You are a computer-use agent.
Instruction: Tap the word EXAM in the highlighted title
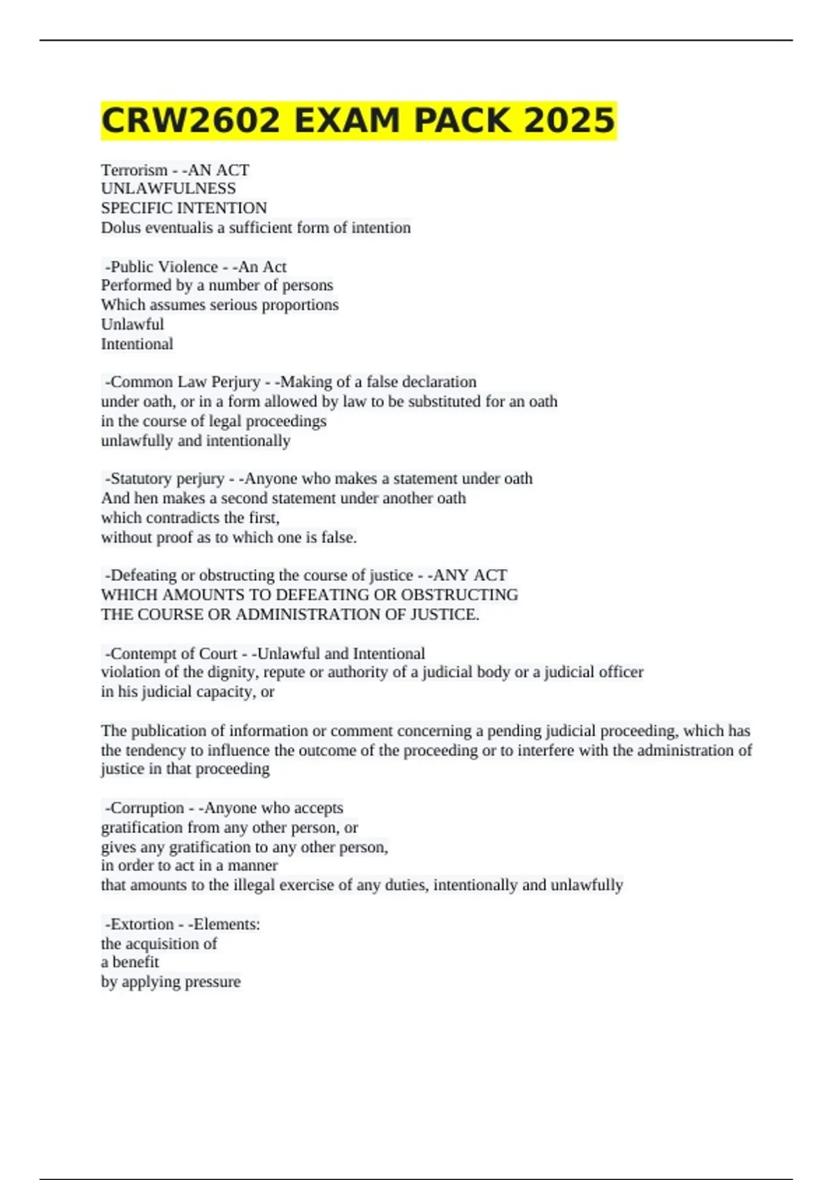tap(347, 120)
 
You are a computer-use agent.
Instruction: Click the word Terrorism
tap(134, 170)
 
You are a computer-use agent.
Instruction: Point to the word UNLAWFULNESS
tap(168, 189)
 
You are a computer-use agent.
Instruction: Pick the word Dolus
tap(120, 228)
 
